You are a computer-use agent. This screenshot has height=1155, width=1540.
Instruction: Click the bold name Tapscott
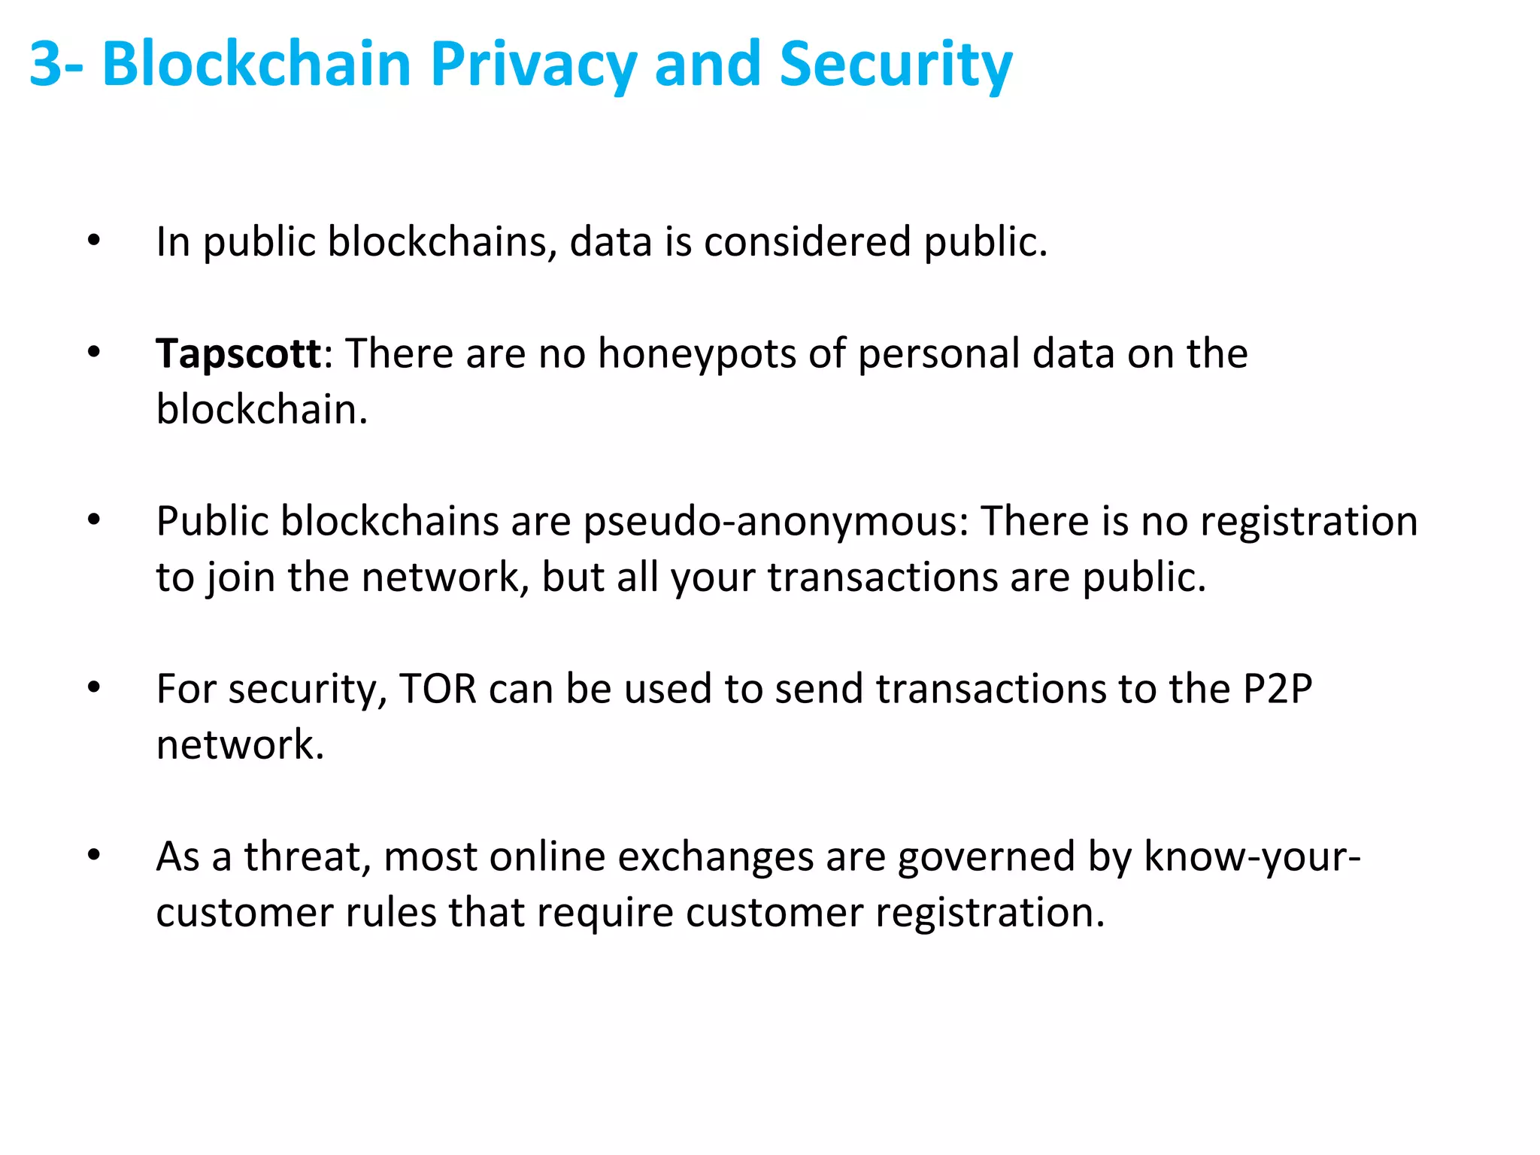(238, 353)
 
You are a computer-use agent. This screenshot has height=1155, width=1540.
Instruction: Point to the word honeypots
(696, 353)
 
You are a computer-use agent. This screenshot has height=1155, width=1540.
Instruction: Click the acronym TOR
(438, 689)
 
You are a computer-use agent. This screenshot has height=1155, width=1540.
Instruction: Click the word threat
(308, 856)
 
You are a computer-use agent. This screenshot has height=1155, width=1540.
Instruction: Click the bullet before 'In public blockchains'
(93, 241)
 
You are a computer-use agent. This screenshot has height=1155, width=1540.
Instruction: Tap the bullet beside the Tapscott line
(93, 352)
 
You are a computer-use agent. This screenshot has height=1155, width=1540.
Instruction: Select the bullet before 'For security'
(93, 687)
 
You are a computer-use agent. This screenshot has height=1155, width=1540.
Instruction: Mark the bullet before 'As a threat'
(93, 855)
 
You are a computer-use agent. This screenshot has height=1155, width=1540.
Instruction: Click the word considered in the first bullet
(807, 242)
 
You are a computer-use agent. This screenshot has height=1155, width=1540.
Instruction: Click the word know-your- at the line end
(1252, 856)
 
